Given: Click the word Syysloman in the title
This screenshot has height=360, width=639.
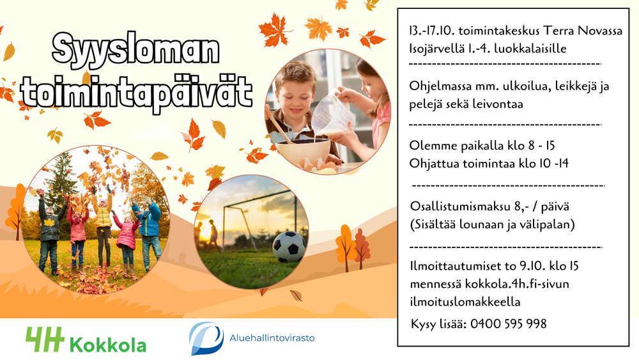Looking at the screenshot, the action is (x=135, y=50).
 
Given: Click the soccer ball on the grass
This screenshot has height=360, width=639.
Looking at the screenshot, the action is (x=289, y=247).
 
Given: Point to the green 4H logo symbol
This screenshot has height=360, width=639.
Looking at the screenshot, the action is (x=45, y=339).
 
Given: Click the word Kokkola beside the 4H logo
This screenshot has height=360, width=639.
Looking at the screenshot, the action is (x=108, y=345).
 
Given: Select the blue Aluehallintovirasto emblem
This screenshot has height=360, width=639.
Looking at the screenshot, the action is (x=206, y=338).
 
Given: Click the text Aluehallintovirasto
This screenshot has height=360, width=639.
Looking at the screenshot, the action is (x=272, y=338).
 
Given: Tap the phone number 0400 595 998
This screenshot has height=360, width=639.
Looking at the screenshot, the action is (x=508, y=324).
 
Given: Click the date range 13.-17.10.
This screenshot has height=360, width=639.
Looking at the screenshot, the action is (x=432, y=31).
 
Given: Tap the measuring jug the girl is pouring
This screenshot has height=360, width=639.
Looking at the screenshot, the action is (x=332, y=112).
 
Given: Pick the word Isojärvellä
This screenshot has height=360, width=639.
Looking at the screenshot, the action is (x=436, y=49).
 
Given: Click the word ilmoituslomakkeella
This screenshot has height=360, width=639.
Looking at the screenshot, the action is (x=465, y=302).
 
